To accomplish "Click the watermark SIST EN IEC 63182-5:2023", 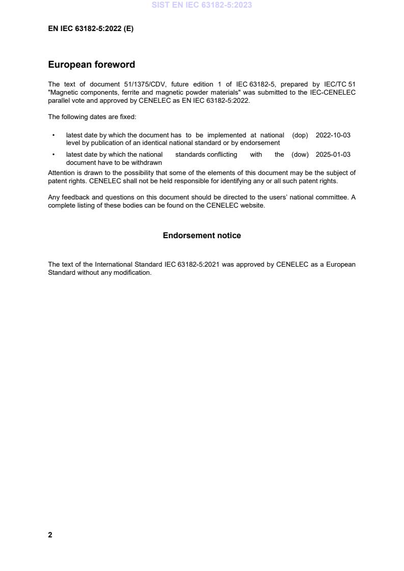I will (202, 5).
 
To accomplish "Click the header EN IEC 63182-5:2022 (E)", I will (91, 29).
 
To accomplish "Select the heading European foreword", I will (91, 65).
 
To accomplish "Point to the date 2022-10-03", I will (333, 135).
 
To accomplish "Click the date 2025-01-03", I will (333, 155).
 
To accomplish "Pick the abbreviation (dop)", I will (300, 135).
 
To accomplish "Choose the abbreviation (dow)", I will (300, 155).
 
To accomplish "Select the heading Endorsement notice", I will (202, 236).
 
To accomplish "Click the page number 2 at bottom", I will (50, 535).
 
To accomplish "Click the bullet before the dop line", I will (53, 135).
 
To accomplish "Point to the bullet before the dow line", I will (53, 155).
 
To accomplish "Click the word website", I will (253, 206).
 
